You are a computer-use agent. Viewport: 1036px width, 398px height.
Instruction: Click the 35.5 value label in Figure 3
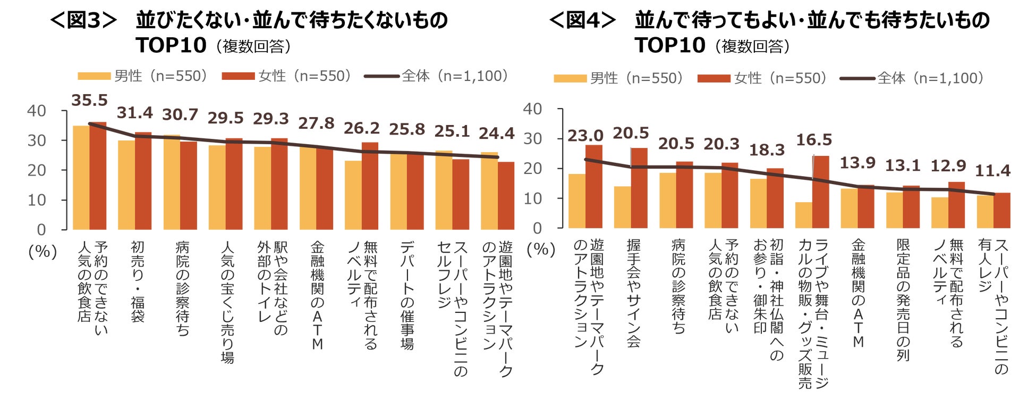pyautogui.click(x=89, y=101)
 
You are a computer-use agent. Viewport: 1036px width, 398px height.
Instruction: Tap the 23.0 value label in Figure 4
pyautogui.click(x=585, y=136)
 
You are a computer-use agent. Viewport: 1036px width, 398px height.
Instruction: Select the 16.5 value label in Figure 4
pyautogui.click(x=813, y=140)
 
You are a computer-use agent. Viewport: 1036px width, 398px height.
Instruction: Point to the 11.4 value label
pyautogui.click(x=992, y=171)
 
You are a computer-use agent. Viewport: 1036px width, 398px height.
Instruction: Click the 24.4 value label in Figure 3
pyautogui.click(x=496, y=134)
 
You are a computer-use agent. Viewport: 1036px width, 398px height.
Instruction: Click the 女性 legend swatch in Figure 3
pyautogui.click(x=239, y=77)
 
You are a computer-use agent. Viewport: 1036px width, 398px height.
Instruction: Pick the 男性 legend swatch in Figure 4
pyautogui.click(x=570, y=79)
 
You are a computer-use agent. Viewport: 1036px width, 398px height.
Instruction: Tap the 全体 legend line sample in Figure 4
pyautogui.click(x=857, y=79)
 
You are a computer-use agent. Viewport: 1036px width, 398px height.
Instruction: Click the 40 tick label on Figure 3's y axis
pyautogui.click(x=37, y=111)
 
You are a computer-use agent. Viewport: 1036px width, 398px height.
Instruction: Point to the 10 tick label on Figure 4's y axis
pyautogui.click(x=532, y=199)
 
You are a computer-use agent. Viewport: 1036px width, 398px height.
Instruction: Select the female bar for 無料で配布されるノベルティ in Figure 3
pyautogui.click(x=370, y=186)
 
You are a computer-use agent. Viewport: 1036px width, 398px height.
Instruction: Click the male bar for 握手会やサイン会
pyautogui.click(x=622, y=207)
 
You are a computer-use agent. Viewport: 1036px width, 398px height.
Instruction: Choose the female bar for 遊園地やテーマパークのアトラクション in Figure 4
pyautogui.click(x=593, y=186)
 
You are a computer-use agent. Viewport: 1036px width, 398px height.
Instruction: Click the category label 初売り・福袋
pyautogui.click(x=137, y=281)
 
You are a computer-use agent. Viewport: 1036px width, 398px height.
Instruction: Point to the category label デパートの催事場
pyautogui.click(x=406, y=295)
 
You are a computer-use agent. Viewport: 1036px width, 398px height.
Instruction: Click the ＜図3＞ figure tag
pyautogui.click(x=83, y=21)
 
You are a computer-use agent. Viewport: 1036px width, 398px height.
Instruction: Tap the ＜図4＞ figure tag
pyautogui.click(x=582, y=21)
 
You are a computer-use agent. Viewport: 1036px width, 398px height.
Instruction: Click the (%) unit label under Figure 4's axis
pyautogui.click(x=540, y=250)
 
